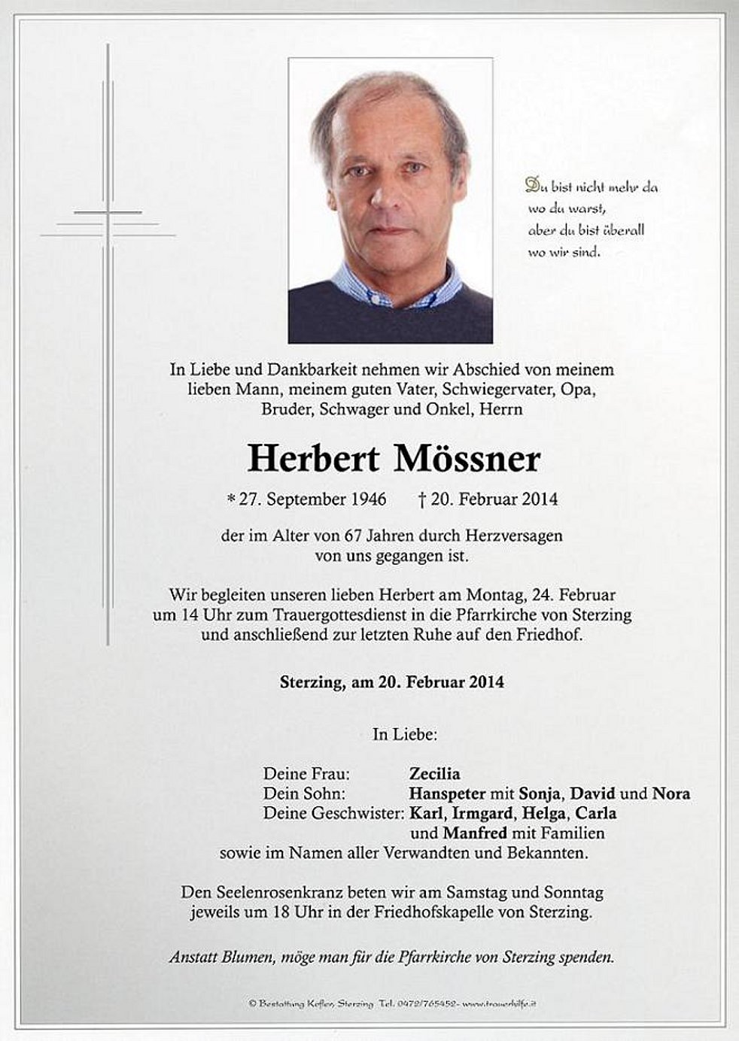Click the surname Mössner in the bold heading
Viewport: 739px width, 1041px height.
467,459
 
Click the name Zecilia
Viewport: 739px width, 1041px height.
434,773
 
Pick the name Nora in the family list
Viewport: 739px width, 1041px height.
671,793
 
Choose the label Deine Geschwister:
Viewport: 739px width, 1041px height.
334,813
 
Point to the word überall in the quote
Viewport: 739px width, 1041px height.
622,230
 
